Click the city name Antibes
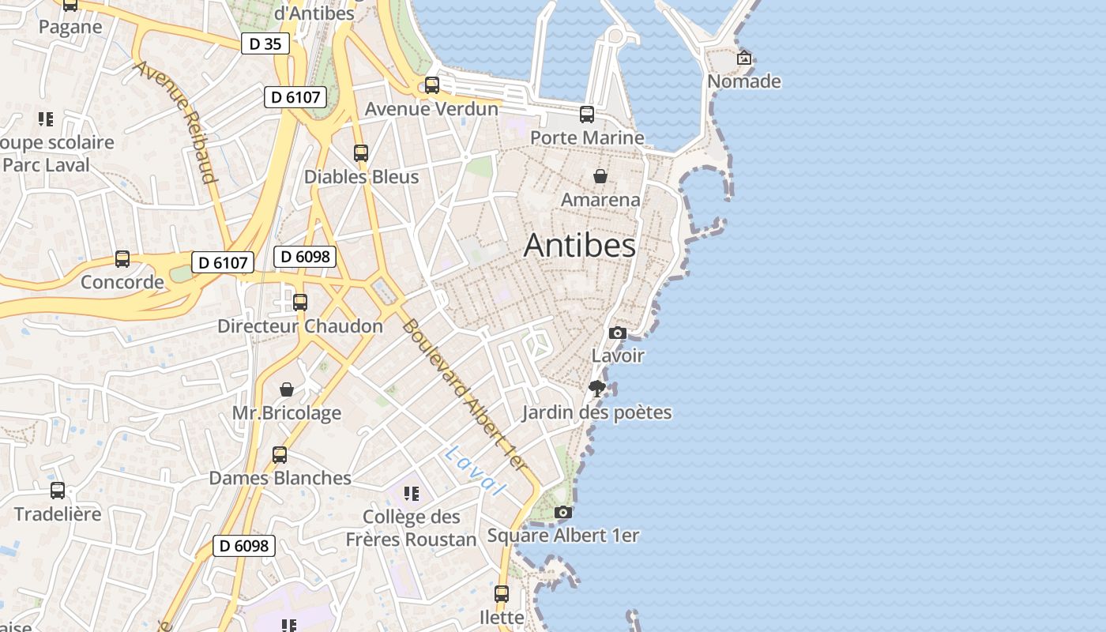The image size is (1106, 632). click(x=579, y=245)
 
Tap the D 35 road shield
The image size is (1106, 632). click(x=265, y=44)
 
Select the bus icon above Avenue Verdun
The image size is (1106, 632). click(x=431, y=85)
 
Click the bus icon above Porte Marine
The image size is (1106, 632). click(x=586, y=115)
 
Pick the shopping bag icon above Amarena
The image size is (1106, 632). click(x=600, y=175)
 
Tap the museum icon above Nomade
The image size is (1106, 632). click(x=743, y=58)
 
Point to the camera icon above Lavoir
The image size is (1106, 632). click(x=618, y=333)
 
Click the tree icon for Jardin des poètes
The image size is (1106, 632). click(x=597, y=388)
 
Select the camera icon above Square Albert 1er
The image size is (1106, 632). click(x=562, y=512)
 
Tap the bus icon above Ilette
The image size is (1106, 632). click(x=502, y=593)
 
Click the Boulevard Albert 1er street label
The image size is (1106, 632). click(x=464, y=394)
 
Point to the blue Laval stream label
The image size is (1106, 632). click(x=475, y=471)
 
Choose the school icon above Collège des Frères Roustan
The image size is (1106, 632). click(x=411, y=494)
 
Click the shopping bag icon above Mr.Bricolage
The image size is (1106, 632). click(x=287, y=389)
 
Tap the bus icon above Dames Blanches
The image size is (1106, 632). click(x=280, y=455)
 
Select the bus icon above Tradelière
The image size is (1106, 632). click(x=58, y=491)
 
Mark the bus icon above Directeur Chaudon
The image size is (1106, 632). click(x=299, y=302)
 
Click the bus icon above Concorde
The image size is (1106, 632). click(x=122, y=258)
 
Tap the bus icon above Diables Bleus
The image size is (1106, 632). click(x=361, y=153)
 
